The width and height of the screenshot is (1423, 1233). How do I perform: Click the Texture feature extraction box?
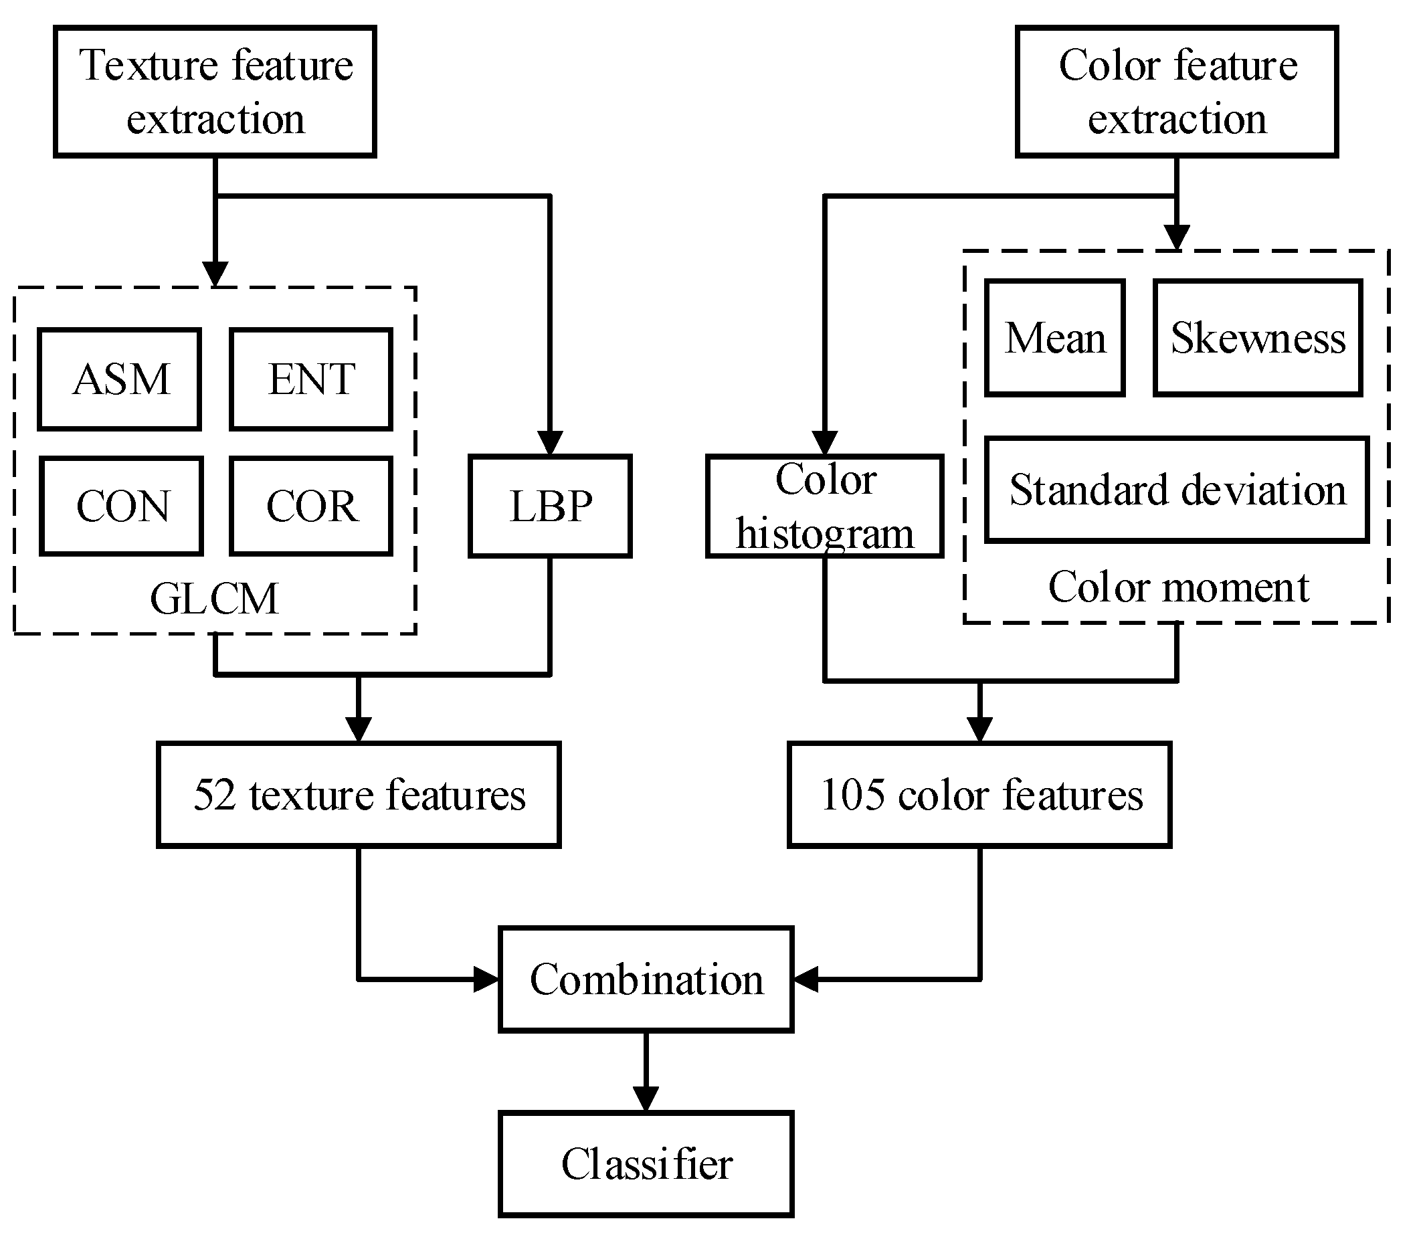tap(215, 92)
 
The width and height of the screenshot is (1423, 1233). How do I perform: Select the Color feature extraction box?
tap(1177, 92)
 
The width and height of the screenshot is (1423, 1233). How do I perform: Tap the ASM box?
tap(120, 379)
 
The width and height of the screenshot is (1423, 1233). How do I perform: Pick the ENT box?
tap(311, 379)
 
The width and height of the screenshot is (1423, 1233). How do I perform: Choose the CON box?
tap(121, 506)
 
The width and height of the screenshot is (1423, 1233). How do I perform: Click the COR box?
tap(311, 506)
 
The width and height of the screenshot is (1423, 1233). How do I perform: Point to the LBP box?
tap(550, 506)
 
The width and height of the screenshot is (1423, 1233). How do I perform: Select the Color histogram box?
tap(824, 506)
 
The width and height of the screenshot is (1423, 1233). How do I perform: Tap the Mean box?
tap(1055, 338)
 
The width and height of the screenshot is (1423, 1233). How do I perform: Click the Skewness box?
tap(1258, 338)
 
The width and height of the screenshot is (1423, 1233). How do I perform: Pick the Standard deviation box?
tap(1177, 490)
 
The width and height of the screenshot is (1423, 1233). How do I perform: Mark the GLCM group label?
tap(215, 598)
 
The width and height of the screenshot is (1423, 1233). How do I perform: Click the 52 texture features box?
tap(359, 795)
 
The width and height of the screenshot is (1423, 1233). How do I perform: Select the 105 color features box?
tap(979, 795)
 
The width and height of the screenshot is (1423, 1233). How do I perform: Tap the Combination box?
tap(646, 979)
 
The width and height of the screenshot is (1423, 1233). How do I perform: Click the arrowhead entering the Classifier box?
tap(646, 1099)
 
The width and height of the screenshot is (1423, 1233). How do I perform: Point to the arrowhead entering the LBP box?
tap(550, 442)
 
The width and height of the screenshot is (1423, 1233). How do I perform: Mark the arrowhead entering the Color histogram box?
tap(824, 442)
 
